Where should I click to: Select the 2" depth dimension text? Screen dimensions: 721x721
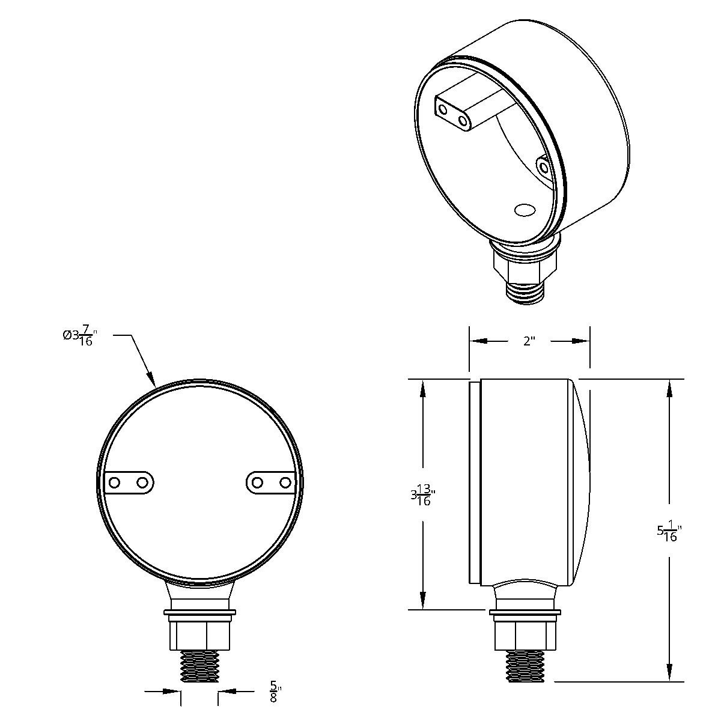click(529, 341)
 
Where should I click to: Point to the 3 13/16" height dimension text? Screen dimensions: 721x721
click(422, 497)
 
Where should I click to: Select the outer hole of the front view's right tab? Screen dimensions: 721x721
click(285, 482)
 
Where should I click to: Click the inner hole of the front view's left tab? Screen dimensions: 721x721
click(142, 482)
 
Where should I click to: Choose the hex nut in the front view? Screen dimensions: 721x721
click(199, 634)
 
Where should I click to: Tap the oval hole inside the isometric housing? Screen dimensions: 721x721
click(525, 210)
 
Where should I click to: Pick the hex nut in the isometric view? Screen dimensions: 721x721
click(525, 265)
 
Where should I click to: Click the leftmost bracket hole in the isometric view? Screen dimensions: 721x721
click(443, 109)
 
